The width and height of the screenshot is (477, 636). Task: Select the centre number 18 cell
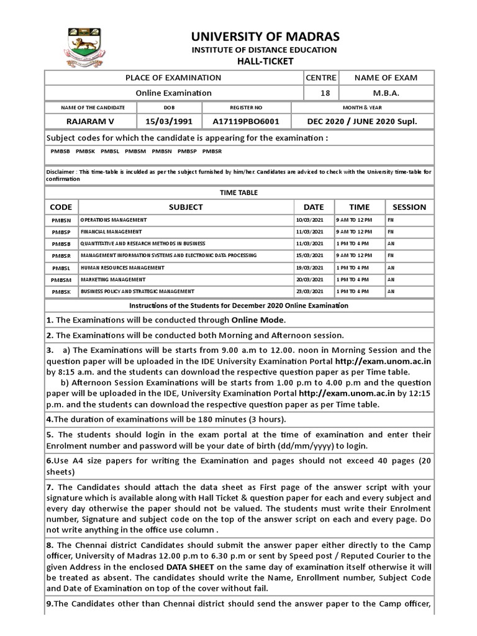[320, 93]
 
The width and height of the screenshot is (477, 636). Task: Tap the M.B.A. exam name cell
[386, 93]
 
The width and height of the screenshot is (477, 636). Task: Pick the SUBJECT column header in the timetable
[186, 207]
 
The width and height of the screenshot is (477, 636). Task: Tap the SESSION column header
[409, 207]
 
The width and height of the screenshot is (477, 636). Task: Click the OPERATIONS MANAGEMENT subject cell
[114, 220]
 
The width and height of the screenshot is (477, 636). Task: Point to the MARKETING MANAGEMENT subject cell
[112, 279]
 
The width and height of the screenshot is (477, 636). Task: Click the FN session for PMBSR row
[391, 255]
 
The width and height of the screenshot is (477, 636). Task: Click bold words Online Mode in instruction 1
[258, 320]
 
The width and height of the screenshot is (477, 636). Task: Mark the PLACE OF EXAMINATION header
[173, 78]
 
